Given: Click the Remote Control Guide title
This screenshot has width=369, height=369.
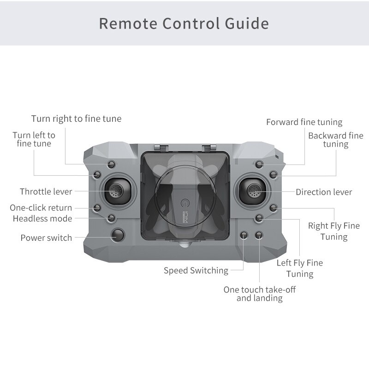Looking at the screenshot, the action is (x=184, y=24).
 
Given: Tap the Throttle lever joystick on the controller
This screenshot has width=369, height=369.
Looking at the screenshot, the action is (x=118, y=191).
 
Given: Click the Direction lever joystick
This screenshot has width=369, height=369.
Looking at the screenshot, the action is (x=252, y=191).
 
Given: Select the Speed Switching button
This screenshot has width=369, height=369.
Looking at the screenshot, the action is (x=244, y=235).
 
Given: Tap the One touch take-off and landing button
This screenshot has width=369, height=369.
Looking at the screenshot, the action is (x=259, y=235).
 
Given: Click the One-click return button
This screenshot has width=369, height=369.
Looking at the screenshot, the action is (x=97, y=208).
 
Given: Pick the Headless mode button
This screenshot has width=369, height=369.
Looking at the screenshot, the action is (x=111, y=218).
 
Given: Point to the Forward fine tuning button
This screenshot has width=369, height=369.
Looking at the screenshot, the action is (x=259, y=164).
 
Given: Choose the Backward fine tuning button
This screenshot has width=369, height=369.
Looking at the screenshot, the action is (x=273, y=175).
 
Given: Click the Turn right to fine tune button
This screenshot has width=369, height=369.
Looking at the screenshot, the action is (x=111, y=164).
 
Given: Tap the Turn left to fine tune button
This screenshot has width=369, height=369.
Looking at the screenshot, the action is (x=97, y=175).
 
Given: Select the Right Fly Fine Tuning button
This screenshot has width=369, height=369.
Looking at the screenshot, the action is (x=273, y=208).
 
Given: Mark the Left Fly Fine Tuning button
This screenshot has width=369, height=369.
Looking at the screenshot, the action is (x=259, y=218).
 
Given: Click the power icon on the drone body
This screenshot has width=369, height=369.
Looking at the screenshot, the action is (x=185, y=203).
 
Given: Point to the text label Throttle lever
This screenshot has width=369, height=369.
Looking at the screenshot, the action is (x=46, y=191).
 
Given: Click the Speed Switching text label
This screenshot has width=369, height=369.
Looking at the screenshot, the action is (x=196, y=271).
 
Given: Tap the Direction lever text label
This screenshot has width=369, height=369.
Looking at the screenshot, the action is (x=324, y=192).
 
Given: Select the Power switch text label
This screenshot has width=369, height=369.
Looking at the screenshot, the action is (x=46, y=238).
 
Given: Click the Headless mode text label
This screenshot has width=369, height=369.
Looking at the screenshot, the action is (x=42, y=219).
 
